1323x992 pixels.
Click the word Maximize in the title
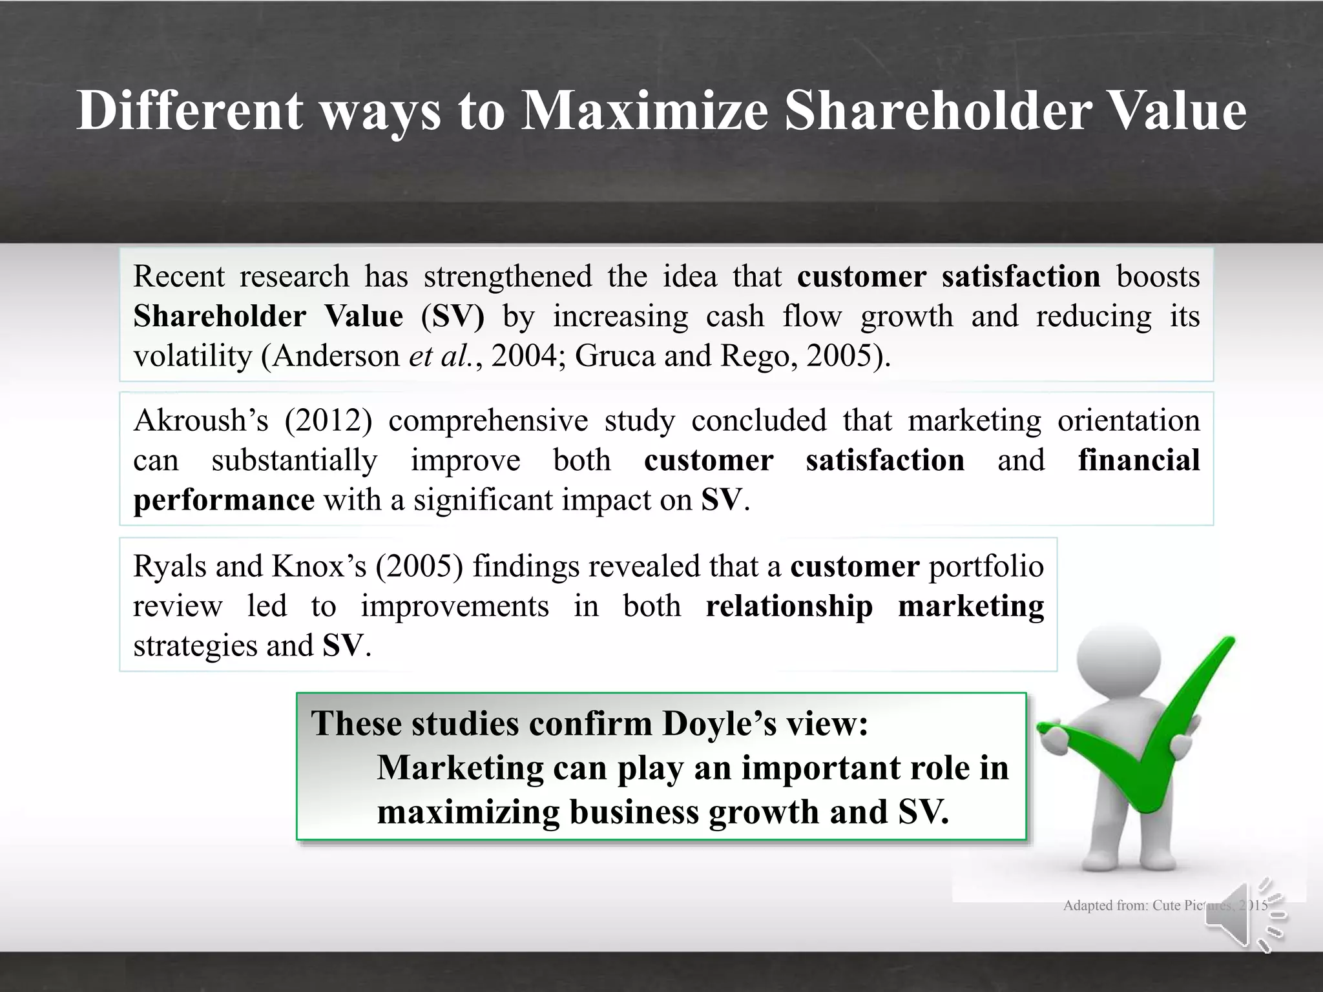(645, 110)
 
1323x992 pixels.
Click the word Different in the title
(189, 110)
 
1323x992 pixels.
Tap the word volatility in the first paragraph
(193, 356)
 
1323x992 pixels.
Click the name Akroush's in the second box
(200, 420)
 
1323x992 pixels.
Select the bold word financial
(1138, 460)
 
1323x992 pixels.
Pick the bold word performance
(224, 501)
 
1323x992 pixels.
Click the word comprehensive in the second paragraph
(488, 420)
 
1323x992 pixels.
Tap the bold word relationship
(789, 606)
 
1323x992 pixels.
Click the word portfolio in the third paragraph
(986, 566)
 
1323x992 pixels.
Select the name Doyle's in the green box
(719, 723)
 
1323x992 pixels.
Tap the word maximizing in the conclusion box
(468, 812)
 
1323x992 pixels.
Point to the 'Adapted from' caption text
(1130, 905)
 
